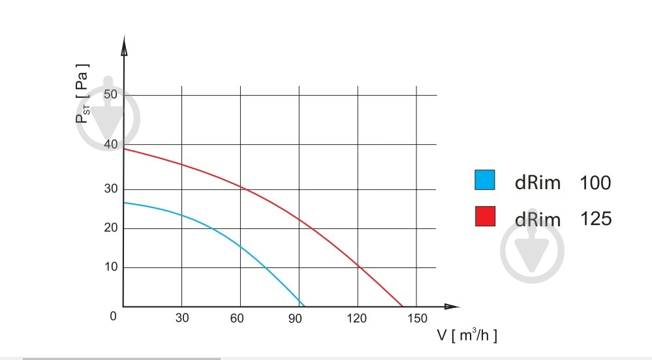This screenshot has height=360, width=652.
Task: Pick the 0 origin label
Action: pyautogui.click(x=113, y=316)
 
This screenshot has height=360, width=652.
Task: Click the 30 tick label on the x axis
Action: pyautogui.click(x=182, y=318)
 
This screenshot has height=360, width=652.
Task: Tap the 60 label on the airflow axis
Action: pyautogui.click(x=238, y=318)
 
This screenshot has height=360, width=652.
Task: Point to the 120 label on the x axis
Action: pyautogui.click(x=357, y=318)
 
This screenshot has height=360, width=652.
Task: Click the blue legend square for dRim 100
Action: pyautogui.click(x=485, y=181)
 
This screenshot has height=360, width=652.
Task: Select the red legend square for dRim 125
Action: pyautogui.click(x=485, y=217)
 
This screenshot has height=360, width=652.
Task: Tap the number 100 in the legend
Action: pyautogui.click(x=595, y=183)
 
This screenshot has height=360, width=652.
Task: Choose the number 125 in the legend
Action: pyautogui.click(x=596, y=218)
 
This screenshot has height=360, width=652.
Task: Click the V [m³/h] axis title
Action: pyautogui.click(x=467, y=336)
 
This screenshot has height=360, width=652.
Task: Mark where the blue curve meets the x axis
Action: pyautogui.click(x=304, y=306)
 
